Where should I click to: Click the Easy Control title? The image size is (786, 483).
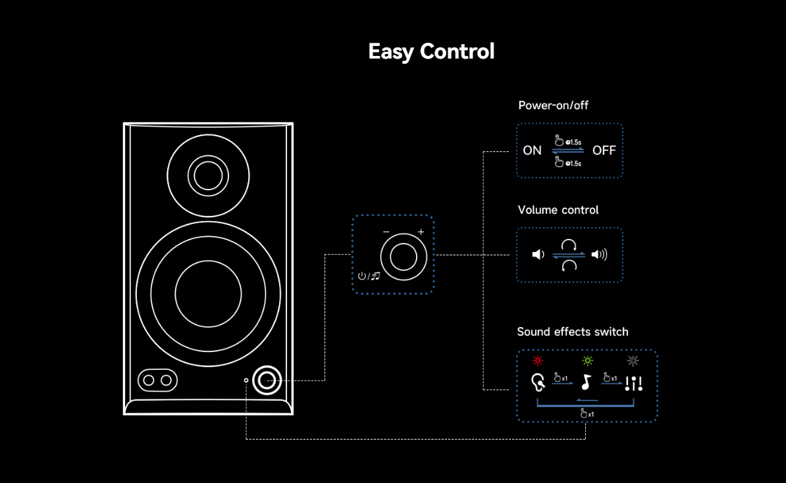431,51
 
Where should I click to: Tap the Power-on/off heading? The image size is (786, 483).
553,105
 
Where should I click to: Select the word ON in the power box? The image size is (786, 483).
532,151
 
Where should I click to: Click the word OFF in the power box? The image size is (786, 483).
604,151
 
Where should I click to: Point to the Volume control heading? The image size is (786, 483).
558,210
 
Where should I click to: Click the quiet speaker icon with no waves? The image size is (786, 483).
538,255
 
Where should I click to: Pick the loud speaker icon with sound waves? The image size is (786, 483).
599,255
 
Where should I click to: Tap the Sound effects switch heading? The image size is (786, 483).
572,332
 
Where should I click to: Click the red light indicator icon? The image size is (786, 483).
538,361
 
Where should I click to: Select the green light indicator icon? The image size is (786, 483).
587,361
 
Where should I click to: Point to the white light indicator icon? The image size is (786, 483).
633,361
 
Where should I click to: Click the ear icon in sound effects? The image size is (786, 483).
538,382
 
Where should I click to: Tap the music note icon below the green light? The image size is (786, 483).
587,382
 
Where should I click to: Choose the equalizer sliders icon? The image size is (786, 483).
633,383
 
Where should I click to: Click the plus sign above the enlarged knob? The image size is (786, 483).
421,232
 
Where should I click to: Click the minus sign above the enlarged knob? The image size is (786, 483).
386,232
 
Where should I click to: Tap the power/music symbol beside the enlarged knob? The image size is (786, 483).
369,276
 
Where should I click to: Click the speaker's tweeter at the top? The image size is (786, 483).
208,175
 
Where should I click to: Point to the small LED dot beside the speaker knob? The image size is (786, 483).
246,380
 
